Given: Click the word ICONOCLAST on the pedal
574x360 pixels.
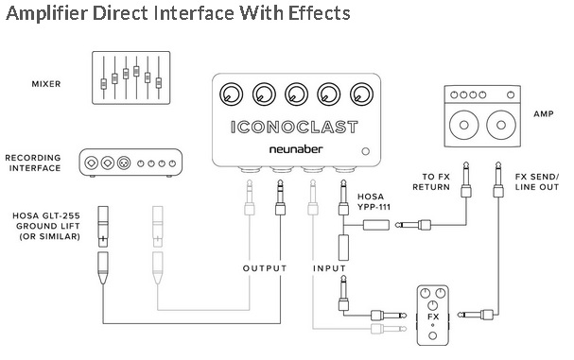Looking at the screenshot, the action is (294, 127).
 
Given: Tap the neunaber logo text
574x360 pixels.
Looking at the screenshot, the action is (296, 149).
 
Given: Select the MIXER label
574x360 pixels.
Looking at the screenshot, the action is (46, 84).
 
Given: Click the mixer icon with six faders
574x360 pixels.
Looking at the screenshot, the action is (131, 77).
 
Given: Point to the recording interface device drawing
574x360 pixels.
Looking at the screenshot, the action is (130, 163).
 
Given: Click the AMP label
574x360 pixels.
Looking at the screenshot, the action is (544, 113).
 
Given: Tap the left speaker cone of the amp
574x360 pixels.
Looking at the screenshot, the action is (463, 125).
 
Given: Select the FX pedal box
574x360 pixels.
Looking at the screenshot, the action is (433, 316).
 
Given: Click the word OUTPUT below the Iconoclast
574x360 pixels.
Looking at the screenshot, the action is (265, 268).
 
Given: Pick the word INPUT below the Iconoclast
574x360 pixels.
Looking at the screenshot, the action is (329, 268).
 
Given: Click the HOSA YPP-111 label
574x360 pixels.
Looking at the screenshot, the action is (374, 201).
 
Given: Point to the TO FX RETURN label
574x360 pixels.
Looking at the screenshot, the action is (431, 181).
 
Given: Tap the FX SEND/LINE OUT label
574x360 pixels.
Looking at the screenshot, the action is (537, 181).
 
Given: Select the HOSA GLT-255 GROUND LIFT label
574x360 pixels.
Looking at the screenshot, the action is (46, 226).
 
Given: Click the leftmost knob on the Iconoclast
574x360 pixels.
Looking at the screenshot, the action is (232, 94).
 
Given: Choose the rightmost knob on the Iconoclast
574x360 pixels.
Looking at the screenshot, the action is (361, 94).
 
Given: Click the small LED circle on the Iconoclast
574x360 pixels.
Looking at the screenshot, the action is (365, 151).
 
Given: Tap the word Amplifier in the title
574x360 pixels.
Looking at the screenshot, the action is (47, 13).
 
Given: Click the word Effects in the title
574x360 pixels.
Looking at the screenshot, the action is (319, 13).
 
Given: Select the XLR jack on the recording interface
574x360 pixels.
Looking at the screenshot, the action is (124, 163).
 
